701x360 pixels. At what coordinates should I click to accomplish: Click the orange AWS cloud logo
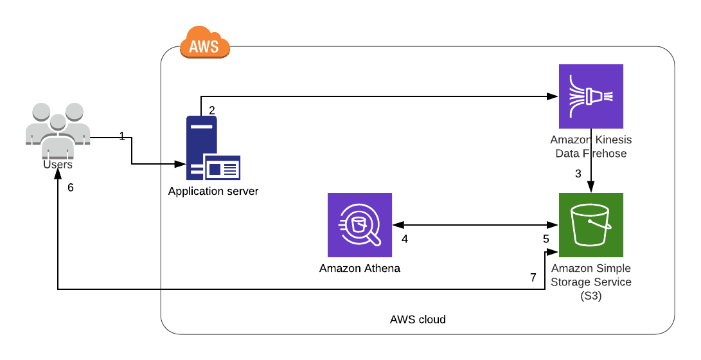click(204, 44)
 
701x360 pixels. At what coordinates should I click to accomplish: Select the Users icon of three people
click(57, 129)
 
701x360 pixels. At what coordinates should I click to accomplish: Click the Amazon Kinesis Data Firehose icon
click(591, 96)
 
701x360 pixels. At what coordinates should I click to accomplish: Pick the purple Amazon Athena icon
click(359, 225)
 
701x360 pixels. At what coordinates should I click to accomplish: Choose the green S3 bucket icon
click(591, 225)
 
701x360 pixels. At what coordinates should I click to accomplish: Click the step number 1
click(122, 136)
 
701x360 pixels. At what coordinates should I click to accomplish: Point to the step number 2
click(212, 110)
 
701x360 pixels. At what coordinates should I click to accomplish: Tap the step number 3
click(578, 174)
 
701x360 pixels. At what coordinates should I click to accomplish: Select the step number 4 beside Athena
click(405, 239)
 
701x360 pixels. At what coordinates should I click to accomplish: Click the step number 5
click(546, 239)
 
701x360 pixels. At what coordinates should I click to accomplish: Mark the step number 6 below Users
click(71, 188)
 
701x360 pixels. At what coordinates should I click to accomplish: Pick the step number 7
click(533, 278)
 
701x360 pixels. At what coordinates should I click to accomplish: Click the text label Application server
click(213, 191)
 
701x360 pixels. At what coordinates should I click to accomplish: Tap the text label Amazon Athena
click(359, 268)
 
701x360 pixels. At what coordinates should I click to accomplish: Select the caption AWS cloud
click(418, 319)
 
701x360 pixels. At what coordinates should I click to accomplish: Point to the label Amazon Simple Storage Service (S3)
click(591, 282)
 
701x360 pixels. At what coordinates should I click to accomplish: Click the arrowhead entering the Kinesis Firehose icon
click(552, 96)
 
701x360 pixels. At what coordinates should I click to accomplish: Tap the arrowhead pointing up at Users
click(58, 178)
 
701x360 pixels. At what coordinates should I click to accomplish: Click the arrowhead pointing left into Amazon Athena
click(396, 225)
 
